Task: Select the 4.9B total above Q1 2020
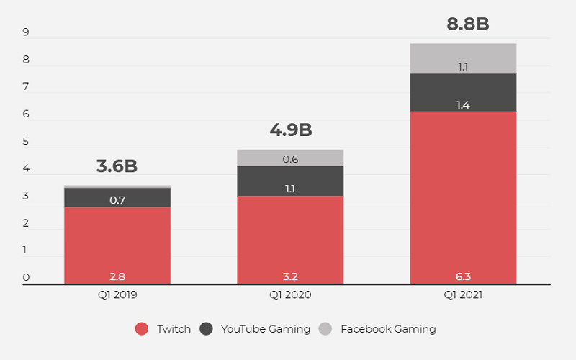290,130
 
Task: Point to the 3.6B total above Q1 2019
117,166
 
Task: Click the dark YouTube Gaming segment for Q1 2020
290,181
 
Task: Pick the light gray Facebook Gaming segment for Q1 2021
463,58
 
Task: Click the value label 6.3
463,275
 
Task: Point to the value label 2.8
117,275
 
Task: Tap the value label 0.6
290,160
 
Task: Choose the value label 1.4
463,105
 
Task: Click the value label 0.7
117,200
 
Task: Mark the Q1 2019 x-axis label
117,294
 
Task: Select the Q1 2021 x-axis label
463,294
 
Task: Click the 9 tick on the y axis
26,32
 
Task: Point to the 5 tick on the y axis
26,142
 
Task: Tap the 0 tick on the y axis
26,278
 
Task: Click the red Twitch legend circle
142,329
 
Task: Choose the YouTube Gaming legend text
265,329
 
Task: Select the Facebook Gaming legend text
388,329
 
